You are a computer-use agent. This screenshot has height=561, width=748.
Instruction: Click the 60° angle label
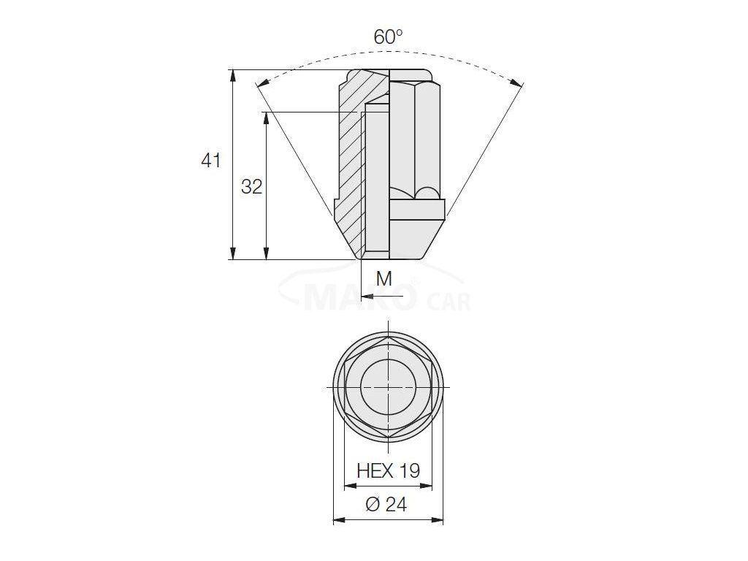(389, 37)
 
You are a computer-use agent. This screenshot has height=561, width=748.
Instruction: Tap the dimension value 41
(211, 161)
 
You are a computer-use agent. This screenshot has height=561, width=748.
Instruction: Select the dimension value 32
(252, 186)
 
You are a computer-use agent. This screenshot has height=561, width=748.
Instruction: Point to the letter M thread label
(384, 278)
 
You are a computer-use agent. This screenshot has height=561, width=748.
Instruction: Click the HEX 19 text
(389, 470)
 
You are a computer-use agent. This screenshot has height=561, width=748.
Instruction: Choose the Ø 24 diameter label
(387, 504)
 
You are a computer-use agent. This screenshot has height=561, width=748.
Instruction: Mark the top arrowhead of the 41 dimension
(233, 76)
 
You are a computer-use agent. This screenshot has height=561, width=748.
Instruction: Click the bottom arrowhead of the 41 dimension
(233, 253)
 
